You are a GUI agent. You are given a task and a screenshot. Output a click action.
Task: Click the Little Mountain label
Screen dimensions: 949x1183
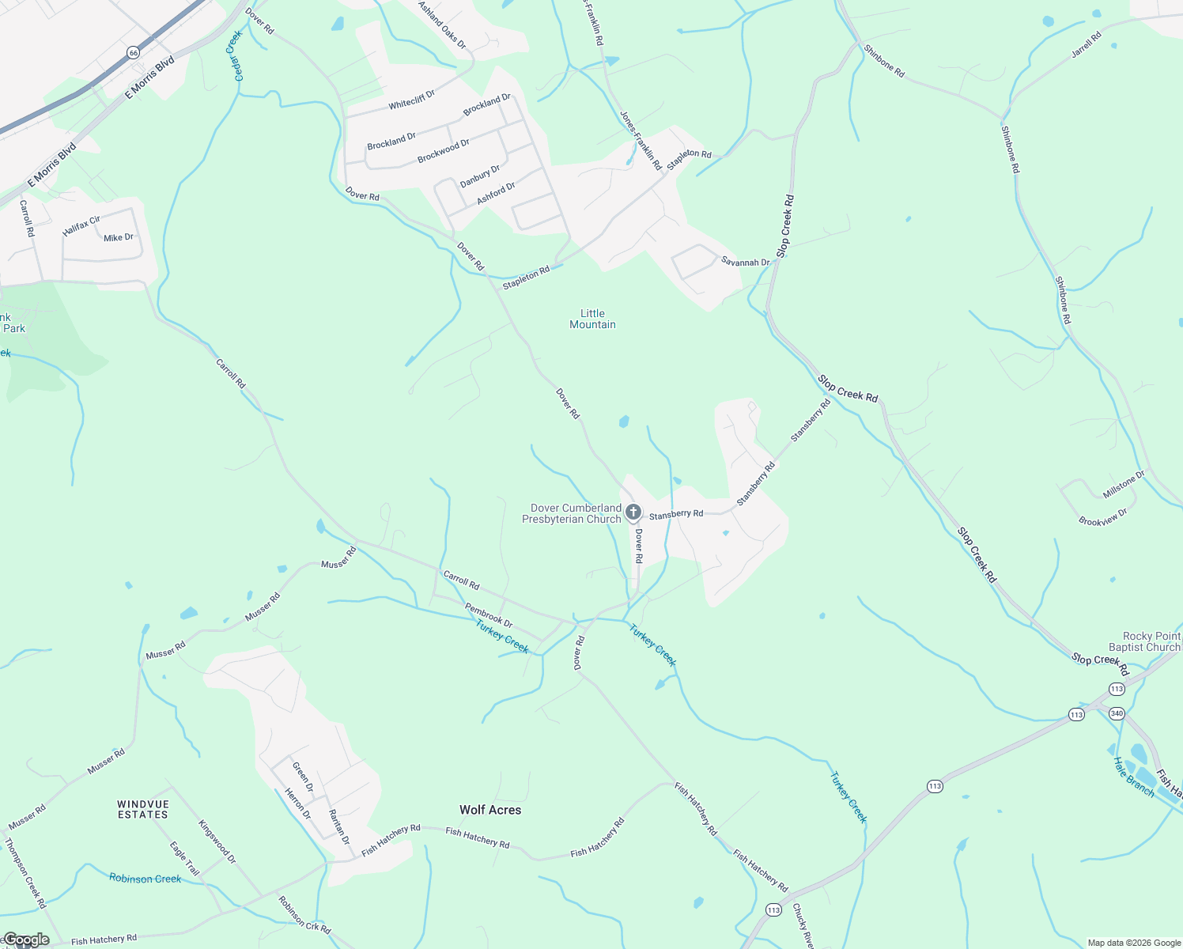coord(592,319)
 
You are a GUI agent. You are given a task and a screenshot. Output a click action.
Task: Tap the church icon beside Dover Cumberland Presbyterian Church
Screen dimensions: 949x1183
coord(633,512)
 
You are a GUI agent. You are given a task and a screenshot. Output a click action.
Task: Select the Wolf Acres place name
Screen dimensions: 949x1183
coord(490,810)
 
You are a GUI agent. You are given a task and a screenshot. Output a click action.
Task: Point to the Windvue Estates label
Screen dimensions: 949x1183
coord(143,809)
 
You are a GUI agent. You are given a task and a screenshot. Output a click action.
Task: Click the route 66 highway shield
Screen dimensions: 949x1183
coord(133,52)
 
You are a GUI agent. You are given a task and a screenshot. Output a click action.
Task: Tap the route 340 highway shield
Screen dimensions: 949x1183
coord(1117,713)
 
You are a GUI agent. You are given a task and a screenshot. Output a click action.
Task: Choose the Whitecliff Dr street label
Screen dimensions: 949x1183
coord(411,100)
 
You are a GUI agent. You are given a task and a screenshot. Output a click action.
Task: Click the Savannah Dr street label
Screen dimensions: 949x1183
coord(745,262)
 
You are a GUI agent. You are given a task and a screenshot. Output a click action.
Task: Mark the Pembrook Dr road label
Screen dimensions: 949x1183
coord(488,614)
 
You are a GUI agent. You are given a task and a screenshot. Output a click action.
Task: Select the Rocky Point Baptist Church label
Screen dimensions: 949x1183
coord(1151,641)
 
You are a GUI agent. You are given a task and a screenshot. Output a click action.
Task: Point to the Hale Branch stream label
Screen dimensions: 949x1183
coord(1133,777)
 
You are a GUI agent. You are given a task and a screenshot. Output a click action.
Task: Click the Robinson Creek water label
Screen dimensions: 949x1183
coord(146,878)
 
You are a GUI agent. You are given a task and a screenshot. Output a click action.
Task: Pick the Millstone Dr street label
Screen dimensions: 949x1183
coord(1124,485)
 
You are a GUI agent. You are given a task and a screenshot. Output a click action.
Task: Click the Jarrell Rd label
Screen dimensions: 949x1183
coord(1087,45)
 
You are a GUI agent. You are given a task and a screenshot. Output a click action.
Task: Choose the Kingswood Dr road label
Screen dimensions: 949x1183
coord(217,841)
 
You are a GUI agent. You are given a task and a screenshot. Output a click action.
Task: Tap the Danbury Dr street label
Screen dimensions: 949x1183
coord(480,176)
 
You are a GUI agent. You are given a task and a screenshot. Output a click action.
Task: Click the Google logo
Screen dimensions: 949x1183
coord(26,940)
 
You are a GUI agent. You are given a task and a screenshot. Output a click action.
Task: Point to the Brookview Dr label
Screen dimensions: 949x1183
coord(1103,517)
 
